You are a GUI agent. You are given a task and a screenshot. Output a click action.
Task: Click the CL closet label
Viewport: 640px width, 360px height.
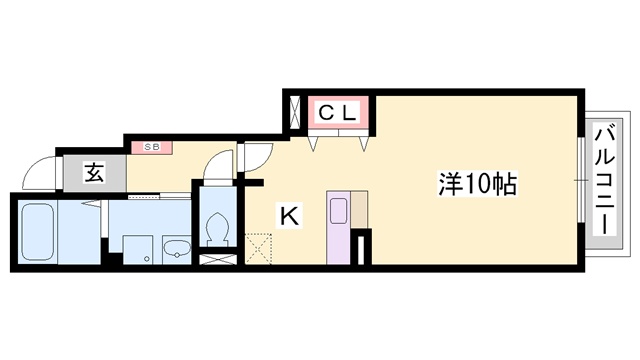click(338, 113)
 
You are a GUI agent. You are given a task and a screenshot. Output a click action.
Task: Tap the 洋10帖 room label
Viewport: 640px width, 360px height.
click(477, 184)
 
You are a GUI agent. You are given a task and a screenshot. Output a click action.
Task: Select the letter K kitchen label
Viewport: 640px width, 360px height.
click(290, 216)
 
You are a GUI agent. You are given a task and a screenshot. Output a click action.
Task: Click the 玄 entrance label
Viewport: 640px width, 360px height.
click(94, 173)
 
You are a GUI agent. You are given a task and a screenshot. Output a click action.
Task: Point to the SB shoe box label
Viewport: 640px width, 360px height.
click(152, 147)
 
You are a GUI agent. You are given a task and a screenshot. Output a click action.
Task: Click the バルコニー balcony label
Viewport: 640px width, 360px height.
click(604, 182)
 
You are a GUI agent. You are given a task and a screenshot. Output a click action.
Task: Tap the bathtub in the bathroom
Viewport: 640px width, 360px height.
click(38, 232)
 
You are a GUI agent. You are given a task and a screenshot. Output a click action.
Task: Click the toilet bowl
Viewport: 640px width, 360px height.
click(217, 229)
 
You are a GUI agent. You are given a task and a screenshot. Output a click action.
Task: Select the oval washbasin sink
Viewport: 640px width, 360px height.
click(177, 248)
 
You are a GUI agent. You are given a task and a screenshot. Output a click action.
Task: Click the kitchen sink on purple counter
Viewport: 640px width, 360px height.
click(339, 211)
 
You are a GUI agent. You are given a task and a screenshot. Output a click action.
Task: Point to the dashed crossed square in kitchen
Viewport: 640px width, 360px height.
click(258, 249)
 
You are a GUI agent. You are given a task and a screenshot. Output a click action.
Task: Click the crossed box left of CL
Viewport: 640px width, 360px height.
click(294, 112)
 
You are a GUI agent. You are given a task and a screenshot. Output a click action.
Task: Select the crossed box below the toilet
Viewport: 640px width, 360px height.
click(218, 260)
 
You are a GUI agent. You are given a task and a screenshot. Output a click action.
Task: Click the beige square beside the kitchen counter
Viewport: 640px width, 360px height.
click(359, 209)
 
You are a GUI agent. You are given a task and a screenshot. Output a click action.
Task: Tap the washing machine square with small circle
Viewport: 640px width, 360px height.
click(138, 249)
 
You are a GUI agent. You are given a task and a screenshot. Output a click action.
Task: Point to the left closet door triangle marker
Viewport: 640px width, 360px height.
click(313, 143)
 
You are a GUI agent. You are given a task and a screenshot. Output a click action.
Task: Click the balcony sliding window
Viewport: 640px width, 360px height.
click(581, 180)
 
